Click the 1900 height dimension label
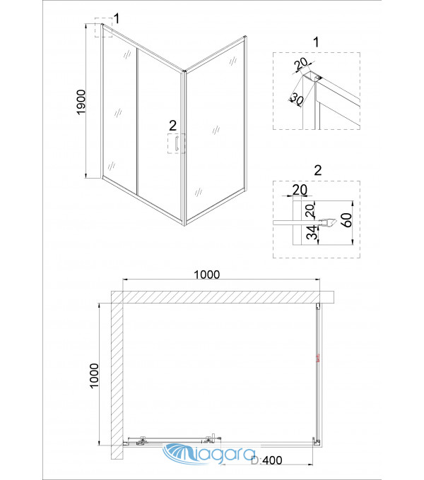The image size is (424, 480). tap(81, 102)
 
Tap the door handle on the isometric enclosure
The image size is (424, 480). tap(177, 143)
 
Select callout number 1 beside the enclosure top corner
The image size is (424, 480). tap(116, 18)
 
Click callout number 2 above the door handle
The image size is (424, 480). tap(173, 126)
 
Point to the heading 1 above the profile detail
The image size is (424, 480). tap(317, 42)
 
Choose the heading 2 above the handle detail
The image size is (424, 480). tap(318, 170)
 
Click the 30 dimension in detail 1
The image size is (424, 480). tap(296, 99)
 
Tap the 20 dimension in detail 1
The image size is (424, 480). tap(300, 64)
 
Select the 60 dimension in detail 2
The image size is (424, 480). tap(346, 220)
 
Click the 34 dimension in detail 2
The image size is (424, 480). tap(312, 233)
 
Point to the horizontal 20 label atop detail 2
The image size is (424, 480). tap(300, 190)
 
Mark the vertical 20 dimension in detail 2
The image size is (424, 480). tap(310, 210)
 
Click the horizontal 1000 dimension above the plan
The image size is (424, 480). tap(207, 275)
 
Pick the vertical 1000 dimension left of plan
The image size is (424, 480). tap(94, 376)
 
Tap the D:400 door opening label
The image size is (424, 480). tap(266, 460)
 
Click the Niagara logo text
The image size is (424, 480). tap(209, 453)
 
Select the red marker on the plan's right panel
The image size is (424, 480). tap(318, 358)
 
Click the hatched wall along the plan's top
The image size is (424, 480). tap(223, 297)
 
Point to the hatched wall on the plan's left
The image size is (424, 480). tap(117, 376)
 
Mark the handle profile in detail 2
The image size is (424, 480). tap(328, 222)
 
